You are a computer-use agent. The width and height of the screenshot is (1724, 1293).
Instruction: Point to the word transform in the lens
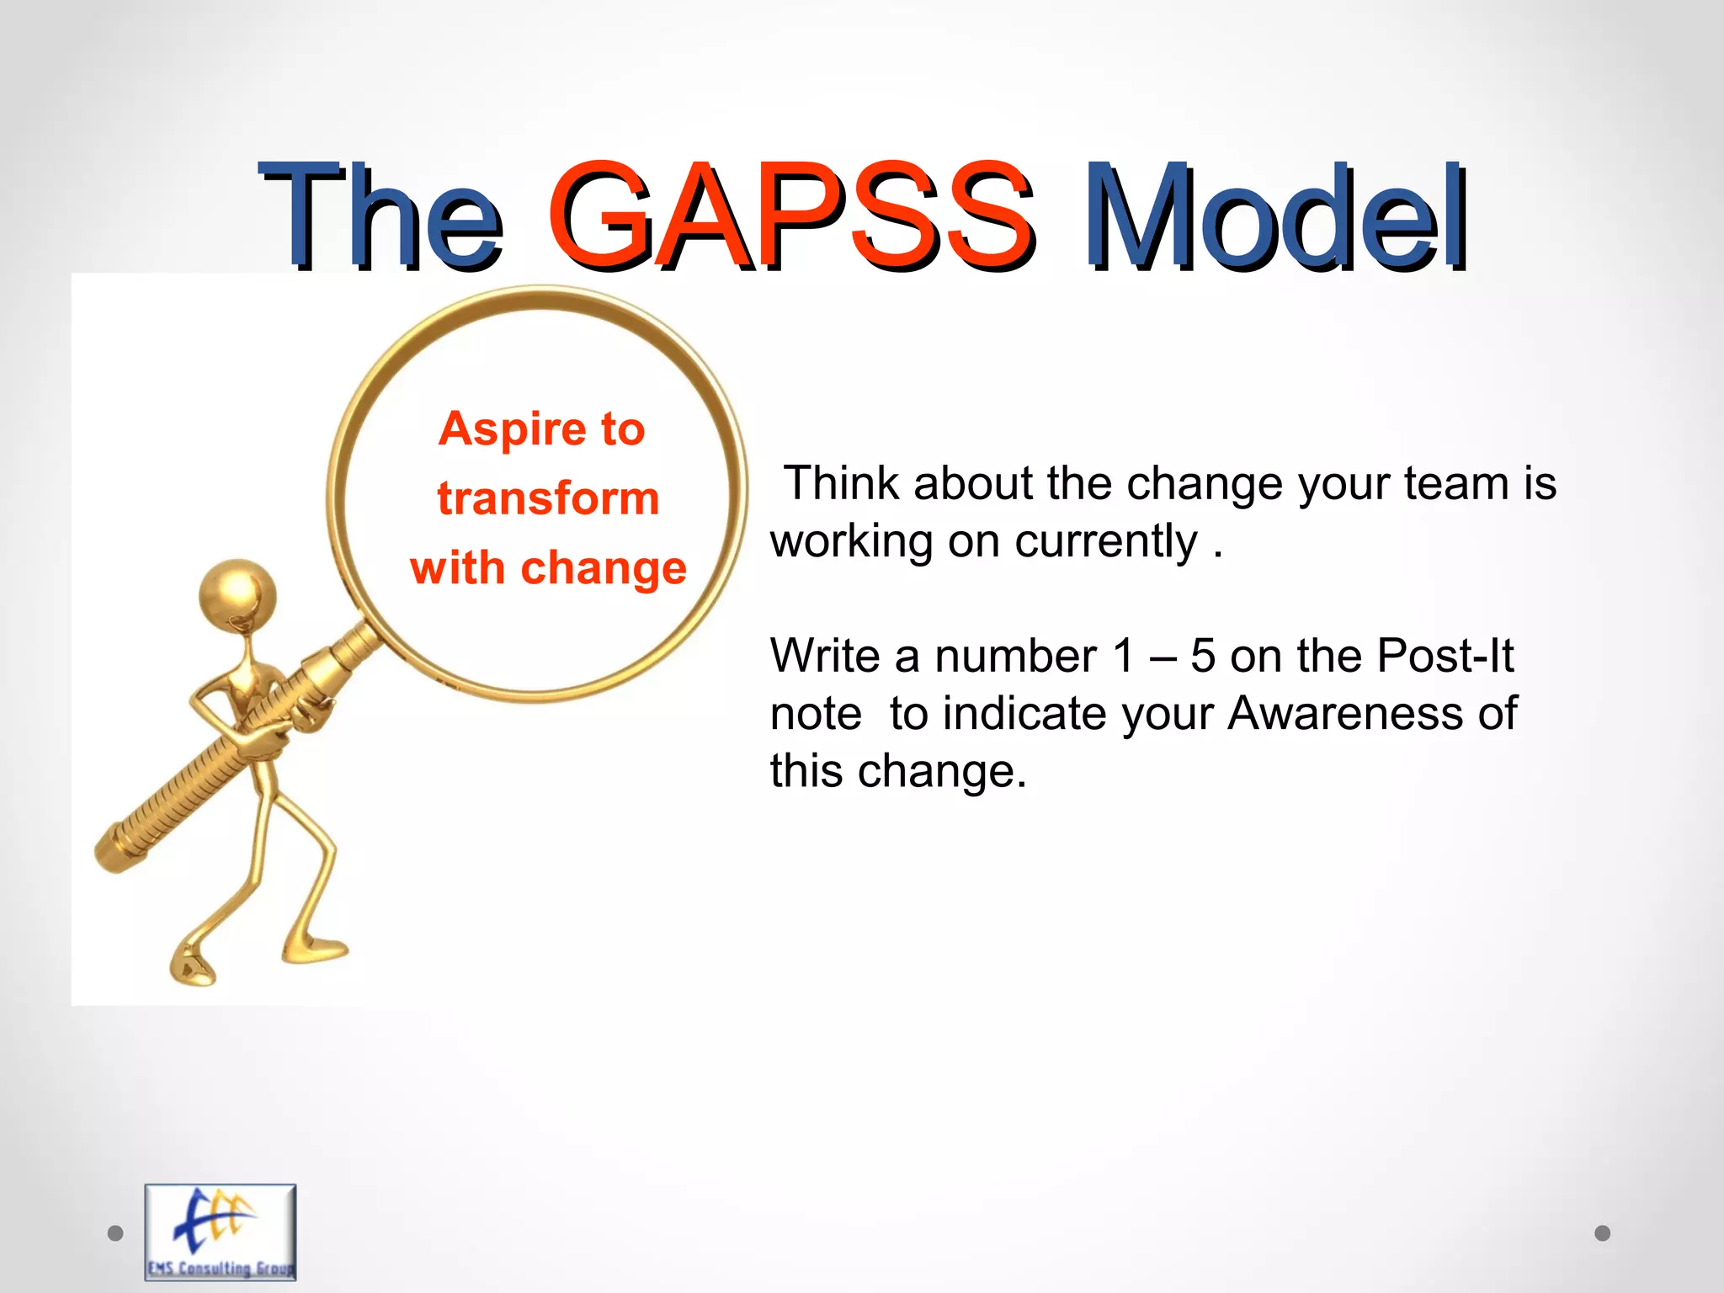tap(548, 498)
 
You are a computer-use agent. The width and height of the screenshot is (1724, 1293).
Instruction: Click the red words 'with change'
tap(548, 567)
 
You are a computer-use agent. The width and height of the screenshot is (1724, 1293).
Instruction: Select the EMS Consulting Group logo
tap(221, 1232)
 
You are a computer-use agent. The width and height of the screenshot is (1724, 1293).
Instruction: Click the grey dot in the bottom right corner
tap(1603, 1233)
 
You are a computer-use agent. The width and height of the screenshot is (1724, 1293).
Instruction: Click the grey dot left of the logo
tap(116, 1233)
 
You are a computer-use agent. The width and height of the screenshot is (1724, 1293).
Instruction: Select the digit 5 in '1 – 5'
tap(1203, 656)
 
